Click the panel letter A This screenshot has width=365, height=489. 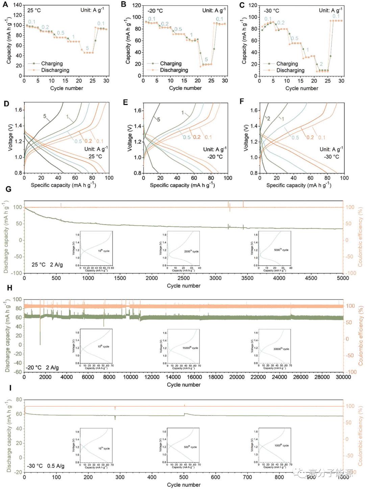[5, 5]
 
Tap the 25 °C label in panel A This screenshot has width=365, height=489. [34, 10]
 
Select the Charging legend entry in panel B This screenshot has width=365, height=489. [171, 63]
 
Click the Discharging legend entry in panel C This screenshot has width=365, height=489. [290, 70]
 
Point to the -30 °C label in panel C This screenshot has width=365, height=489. [271, 11]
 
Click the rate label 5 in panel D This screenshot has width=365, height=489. [45, 116]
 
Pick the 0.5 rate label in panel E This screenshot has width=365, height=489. [187, 137]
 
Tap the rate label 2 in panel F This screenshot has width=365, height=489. [268, 119]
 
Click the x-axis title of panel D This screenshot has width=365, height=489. [63, 185]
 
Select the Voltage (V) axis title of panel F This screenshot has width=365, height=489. [246, 138]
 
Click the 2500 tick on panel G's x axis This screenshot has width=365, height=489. [184, 278]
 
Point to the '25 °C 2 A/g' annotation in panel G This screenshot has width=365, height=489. [47, 264]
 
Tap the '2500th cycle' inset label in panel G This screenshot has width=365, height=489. [192, 251]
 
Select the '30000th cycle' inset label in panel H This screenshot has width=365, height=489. [281, 349]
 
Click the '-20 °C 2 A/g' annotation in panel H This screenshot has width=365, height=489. [43, 367]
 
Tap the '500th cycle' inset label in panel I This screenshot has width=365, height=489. [190, 447]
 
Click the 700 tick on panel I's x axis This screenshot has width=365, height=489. [247, 477]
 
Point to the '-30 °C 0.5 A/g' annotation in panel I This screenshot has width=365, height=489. [46, 466]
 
